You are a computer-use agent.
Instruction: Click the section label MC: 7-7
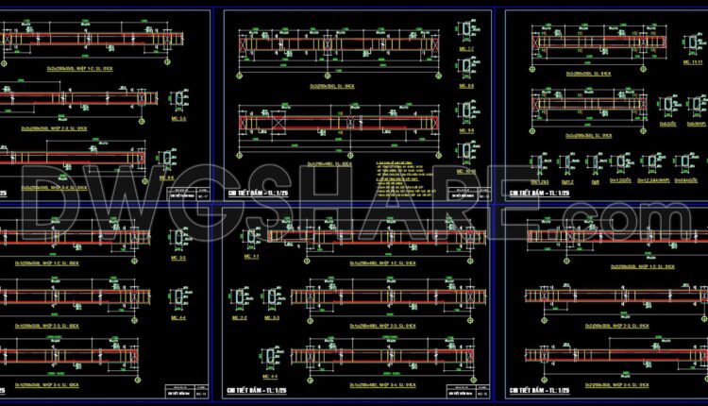pyautogui.click(x=465, y=47)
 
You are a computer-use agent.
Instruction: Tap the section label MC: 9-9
pyautogui.click(x=465, y=129)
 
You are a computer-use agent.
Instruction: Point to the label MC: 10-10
pyautogui.click(x=465, y=172)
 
